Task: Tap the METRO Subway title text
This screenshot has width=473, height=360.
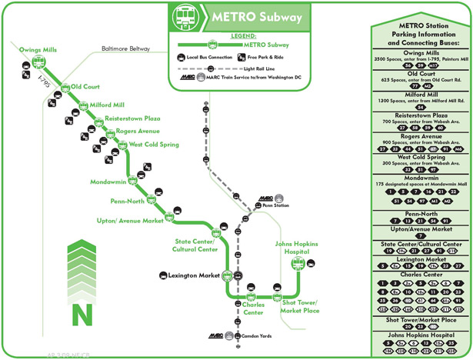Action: pyautogui.click(x=253, y=17)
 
